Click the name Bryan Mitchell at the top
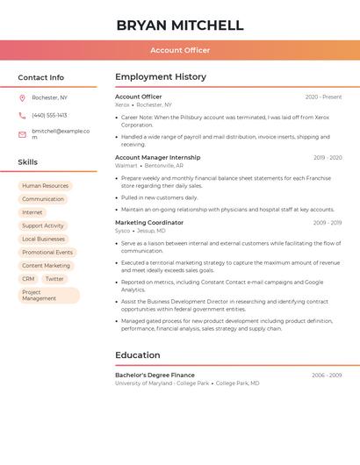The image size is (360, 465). pyautogui.click(x=180, y=25)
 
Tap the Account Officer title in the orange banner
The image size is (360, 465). pyautogui.click(x=180, y=50)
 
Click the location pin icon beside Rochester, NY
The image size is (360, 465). pyautogui.click(x=22, y=97)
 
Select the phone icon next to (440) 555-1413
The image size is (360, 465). pyautogui.click(x=22, y=115)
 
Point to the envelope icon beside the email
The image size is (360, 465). pyautogui.click(x=22, y=134)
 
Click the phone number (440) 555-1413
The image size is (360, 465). pyautogui.click(x=49, y=115)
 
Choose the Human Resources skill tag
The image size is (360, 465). pyautogui.click(x=45, y=186)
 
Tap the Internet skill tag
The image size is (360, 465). pyautogui.click(x=32, y=212)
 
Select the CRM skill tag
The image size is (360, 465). pyautogui.click(x=28, y=279)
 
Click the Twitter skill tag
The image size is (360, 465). pyautogui.click(x=54, y=279)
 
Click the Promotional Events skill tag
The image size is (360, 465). pyautogui.click(x=47, y=252)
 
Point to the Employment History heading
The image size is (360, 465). pyautogui.click(x=161, y=77)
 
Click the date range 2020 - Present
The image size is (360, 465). pyautogui.click(x=323, y=97)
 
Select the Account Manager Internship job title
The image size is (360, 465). pyautogui.click(x=157, y=158)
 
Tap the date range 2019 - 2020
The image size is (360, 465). pyautogui.click(x=328, y=158)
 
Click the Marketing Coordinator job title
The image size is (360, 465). pyautogui.click(x=149, y=223)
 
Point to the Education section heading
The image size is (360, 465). pyautogui.click(x=138, y=355)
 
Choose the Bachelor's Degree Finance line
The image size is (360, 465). pyautogui.click(x=155, y=376)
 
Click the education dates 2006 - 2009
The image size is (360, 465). pyautogui.click(x=327, y=376)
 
